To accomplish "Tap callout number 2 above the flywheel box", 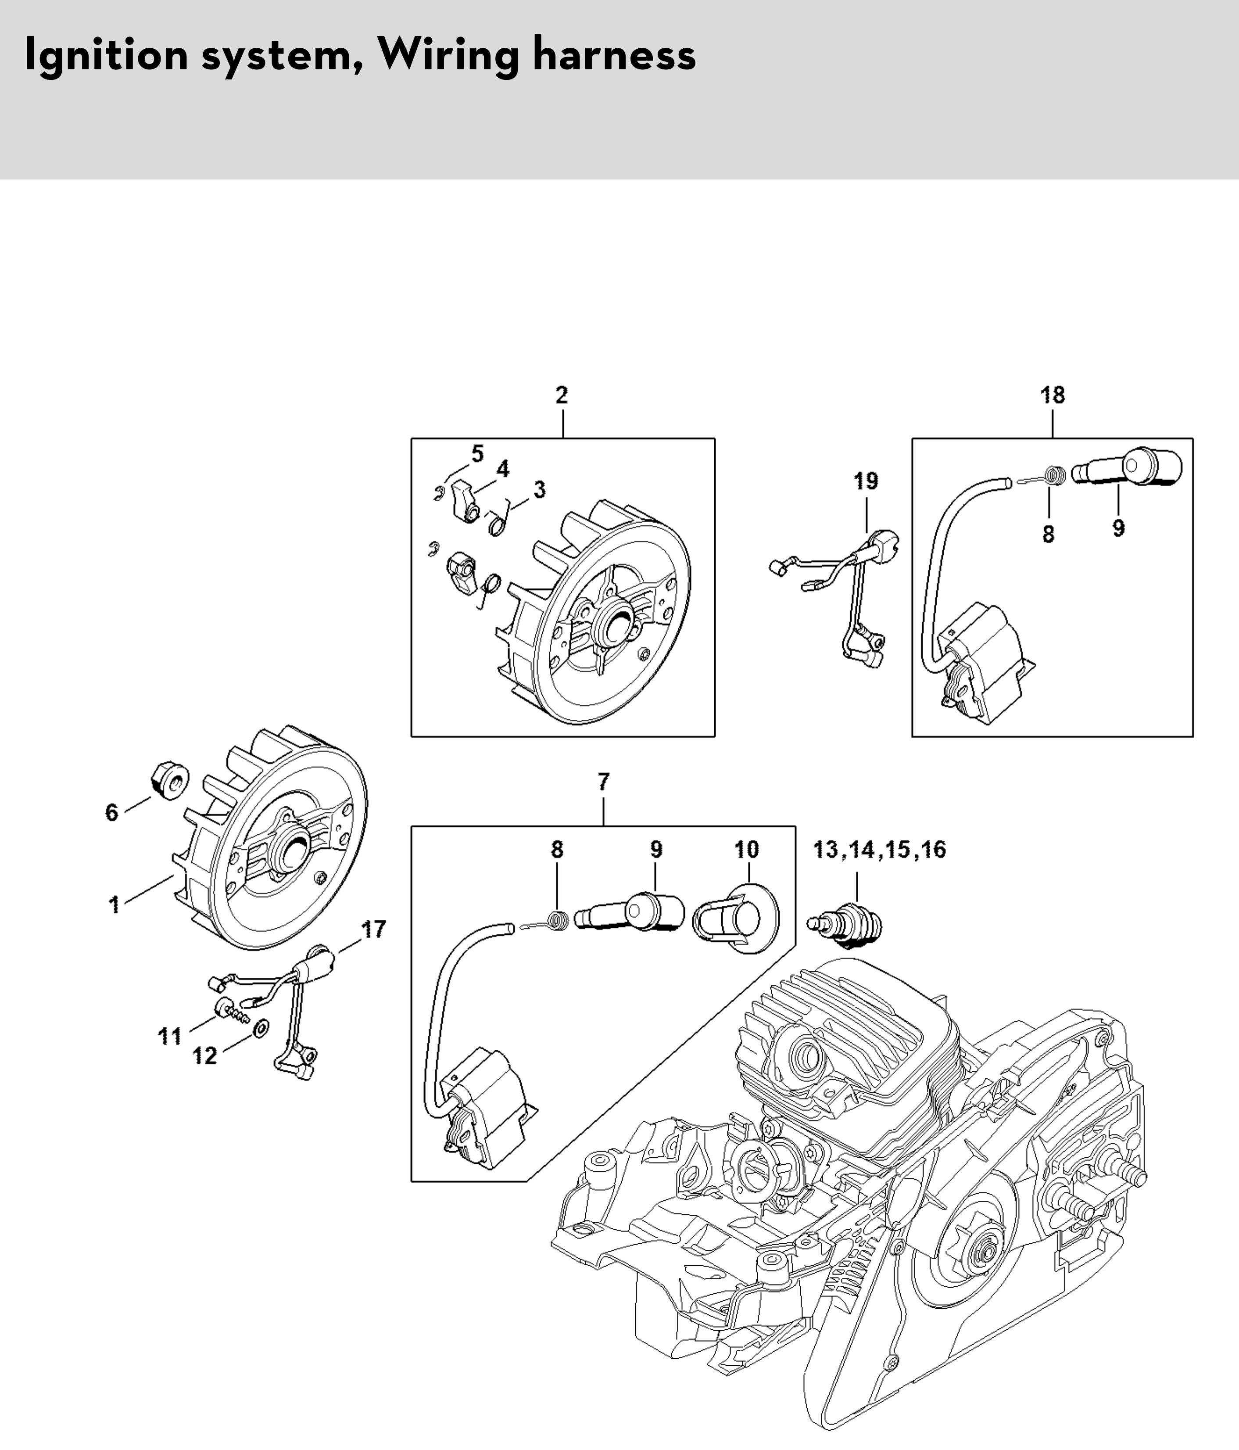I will [x=562, y=395].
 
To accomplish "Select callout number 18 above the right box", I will [x=1052, y=395].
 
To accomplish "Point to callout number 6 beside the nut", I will [x=112, y=812].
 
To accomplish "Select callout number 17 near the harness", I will [x=373, y=930].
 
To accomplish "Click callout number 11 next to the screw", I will [x=169, y=1037].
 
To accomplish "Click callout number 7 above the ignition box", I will [x=604, y=781].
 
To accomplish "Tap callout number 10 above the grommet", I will [x=746, y=850].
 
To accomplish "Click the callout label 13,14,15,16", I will [x=879, y=850].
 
